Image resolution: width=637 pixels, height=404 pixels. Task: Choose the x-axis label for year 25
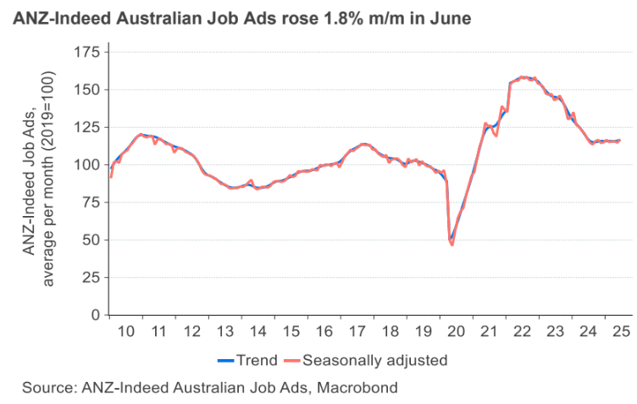621,330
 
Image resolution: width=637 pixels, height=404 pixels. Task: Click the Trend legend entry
257,360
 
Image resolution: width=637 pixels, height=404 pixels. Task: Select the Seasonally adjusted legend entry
374,360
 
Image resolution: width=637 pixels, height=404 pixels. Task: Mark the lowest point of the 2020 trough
451,245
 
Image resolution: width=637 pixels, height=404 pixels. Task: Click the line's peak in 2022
523,77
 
